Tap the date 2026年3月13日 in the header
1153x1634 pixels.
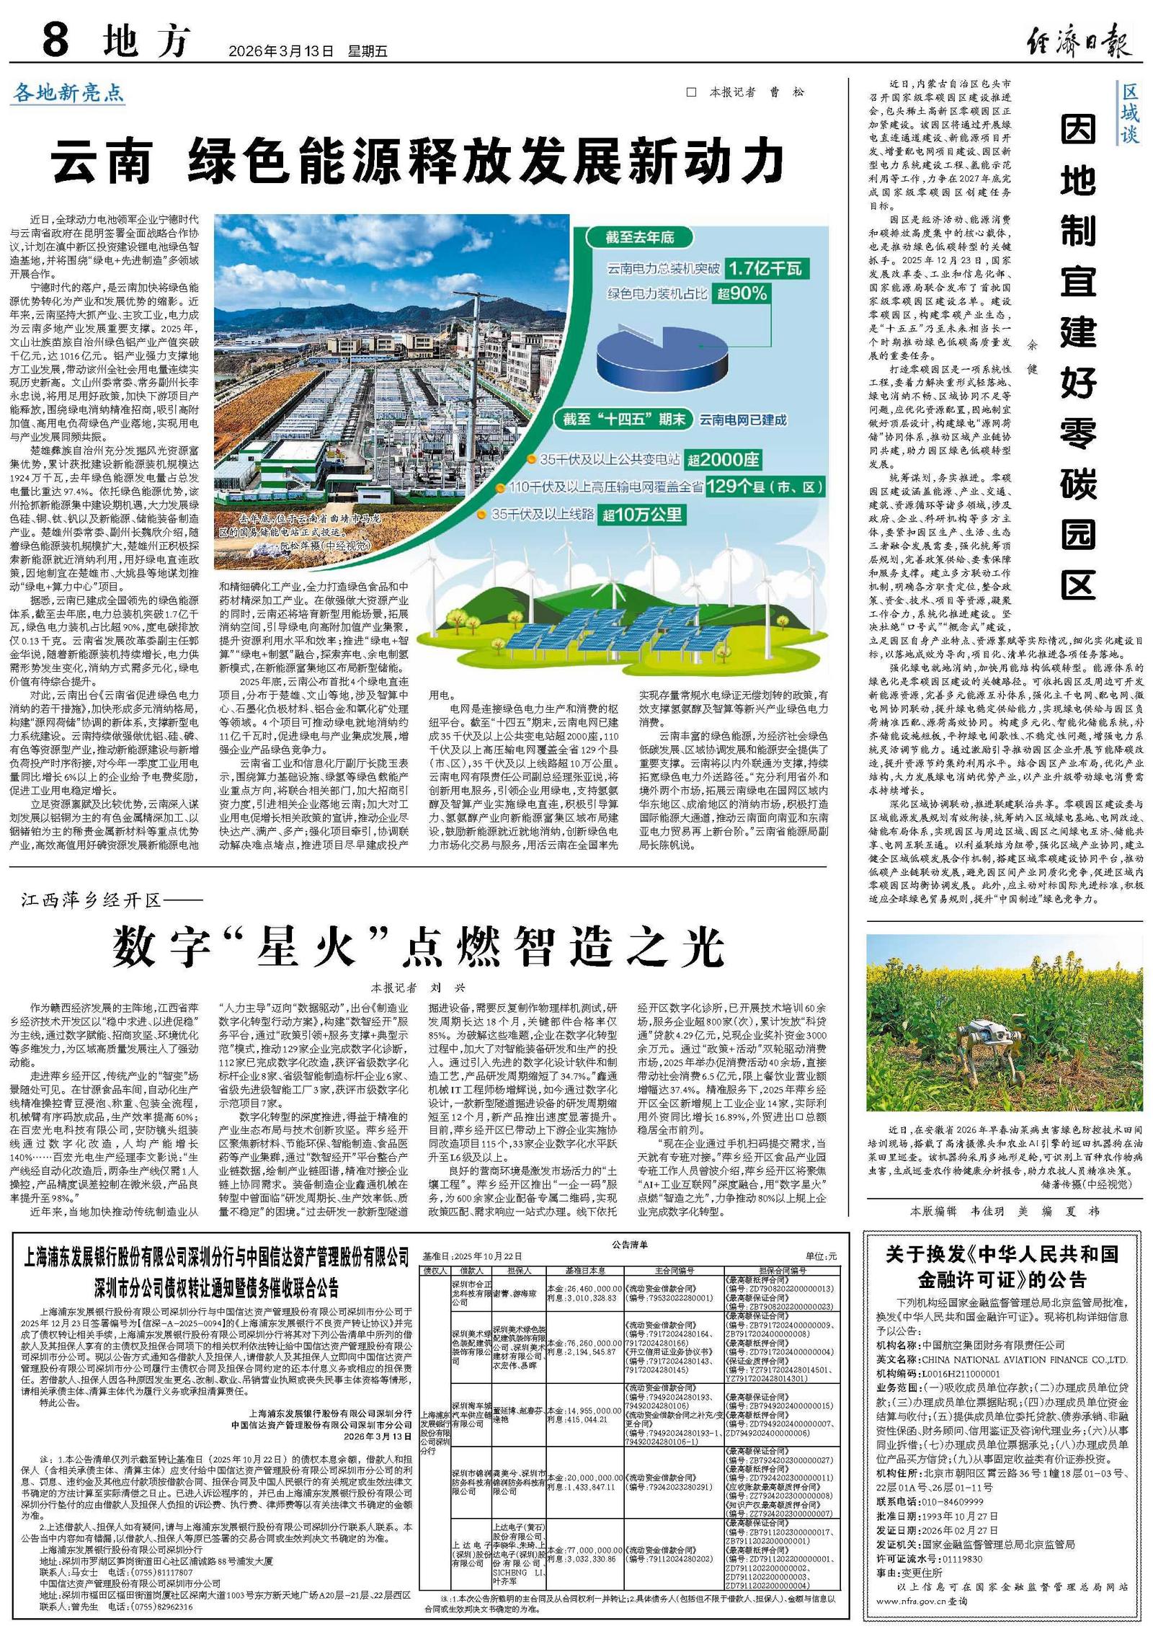[x=281, y=52]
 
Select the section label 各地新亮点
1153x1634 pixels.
[x=69, y=93]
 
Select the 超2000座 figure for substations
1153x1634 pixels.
[x=722, y=460]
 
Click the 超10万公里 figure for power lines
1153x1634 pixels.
[x=643, y=515]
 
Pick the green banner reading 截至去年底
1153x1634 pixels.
[x=640, y=237]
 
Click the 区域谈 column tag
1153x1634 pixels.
[x=1128, y=113]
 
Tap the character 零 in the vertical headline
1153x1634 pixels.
[x=1077, y=432]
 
